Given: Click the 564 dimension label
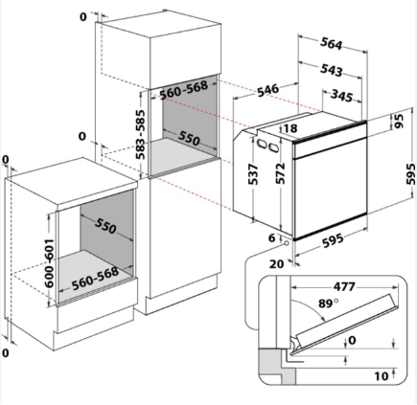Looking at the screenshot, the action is [x=332, y=44].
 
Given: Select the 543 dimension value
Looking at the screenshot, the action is [x=332, y=70].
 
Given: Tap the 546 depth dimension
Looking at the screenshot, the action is [x=268, y=90].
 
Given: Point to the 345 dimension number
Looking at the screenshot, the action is [x=341, y=96].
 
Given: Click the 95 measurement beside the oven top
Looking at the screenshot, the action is [x=399, y=121].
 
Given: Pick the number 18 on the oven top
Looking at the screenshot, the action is [x=290, y=128].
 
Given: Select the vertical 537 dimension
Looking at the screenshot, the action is [x=253, y=174].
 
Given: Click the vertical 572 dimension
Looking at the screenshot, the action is [x=280, y=173].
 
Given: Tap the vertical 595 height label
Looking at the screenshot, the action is [x=410, y=173].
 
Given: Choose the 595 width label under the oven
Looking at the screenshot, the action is [x=333, y=240].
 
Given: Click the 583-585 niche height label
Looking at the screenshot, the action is [x=140, y=134].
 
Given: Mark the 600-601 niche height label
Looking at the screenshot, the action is [x=49, y=263].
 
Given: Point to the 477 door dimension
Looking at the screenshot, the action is [x=344, y=286].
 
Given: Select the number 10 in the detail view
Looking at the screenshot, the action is [x=382, y=376].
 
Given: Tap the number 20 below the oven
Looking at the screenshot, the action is [x=276, y=264].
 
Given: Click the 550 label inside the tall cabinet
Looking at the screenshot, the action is [x=189, y=139].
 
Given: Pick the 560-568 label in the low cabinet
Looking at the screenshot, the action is [x=95, y=279].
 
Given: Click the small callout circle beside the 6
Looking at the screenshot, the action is [x=287, y=243].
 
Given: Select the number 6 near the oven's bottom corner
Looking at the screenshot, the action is [x=271, y=237].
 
